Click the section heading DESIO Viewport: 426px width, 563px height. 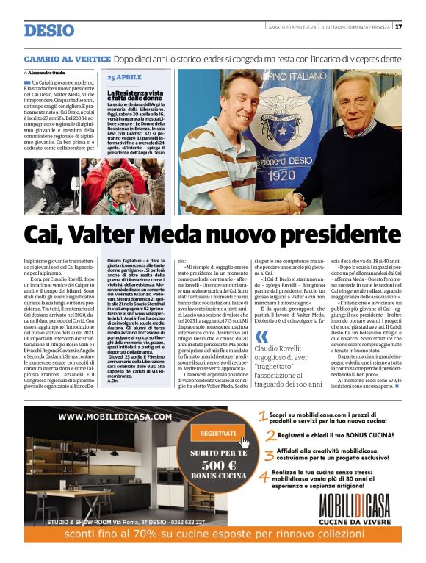[48, 30]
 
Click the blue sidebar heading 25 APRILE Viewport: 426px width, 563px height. [124, 77]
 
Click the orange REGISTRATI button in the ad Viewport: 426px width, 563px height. [217, 434]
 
